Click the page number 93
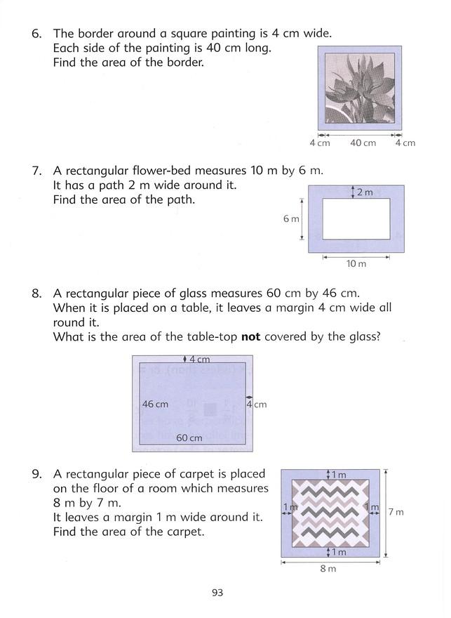click(x=217, y=593)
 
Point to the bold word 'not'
click(x=250, y=336)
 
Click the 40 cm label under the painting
click(x=363, y=143)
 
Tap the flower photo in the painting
click(x=360, y=88)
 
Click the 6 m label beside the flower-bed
click(x=291, y=218)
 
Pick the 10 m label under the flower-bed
click(x=357, y=263)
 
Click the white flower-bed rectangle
click(x=356, y=218)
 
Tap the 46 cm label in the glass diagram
click(x=155, y=404)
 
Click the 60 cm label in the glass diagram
click(x=189, y=438)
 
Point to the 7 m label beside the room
click(x=396, y=512)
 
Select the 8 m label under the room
click(x=328, y=568)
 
